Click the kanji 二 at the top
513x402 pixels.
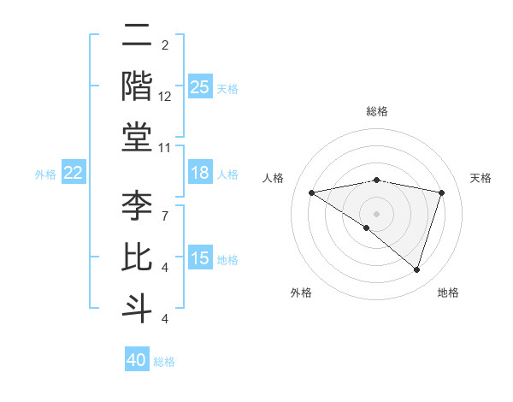coord(137,38)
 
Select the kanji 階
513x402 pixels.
coord(137,87)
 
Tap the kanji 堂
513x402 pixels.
coord(137,137)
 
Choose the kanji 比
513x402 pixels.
coord(137,257)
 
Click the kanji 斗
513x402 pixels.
coord(137,307)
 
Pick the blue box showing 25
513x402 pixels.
coord(200,87)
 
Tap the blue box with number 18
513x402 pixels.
coord(200,174)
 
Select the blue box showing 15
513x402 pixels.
coord(200,258)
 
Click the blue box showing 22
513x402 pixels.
coord(74,174)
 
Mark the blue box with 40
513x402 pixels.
coord(137,360)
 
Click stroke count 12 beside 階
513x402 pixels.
coord(165,98)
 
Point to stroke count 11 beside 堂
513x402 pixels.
coord(165,149)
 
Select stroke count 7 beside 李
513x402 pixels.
coord(164,207)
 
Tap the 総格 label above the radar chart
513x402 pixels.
coord(377,111)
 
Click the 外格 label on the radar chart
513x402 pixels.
coord(301,293)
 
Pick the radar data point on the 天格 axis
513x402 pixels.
coord(442,192)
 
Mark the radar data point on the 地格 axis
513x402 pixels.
coord(416,269)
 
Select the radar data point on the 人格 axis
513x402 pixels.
coord(312,192)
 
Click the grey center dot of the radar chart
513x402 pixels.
coord(376,213)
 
